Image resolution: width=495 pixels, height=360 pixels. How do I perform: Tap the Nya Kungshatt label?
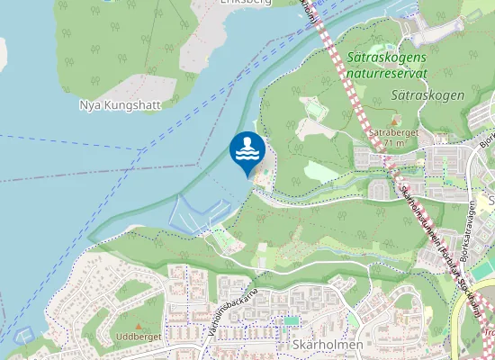point(120,104)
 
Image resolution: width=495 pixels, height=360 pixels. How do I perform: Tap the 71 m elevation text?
point(393,142)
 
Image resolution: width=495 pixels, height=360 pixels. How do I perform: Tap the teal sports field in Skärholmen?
point(290,319)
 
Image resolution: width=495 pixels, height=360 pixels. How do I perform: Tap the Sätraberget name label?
point(390,131)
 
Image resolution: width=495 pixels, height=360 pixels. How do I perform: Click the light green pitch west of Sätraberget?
point(320,170)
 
